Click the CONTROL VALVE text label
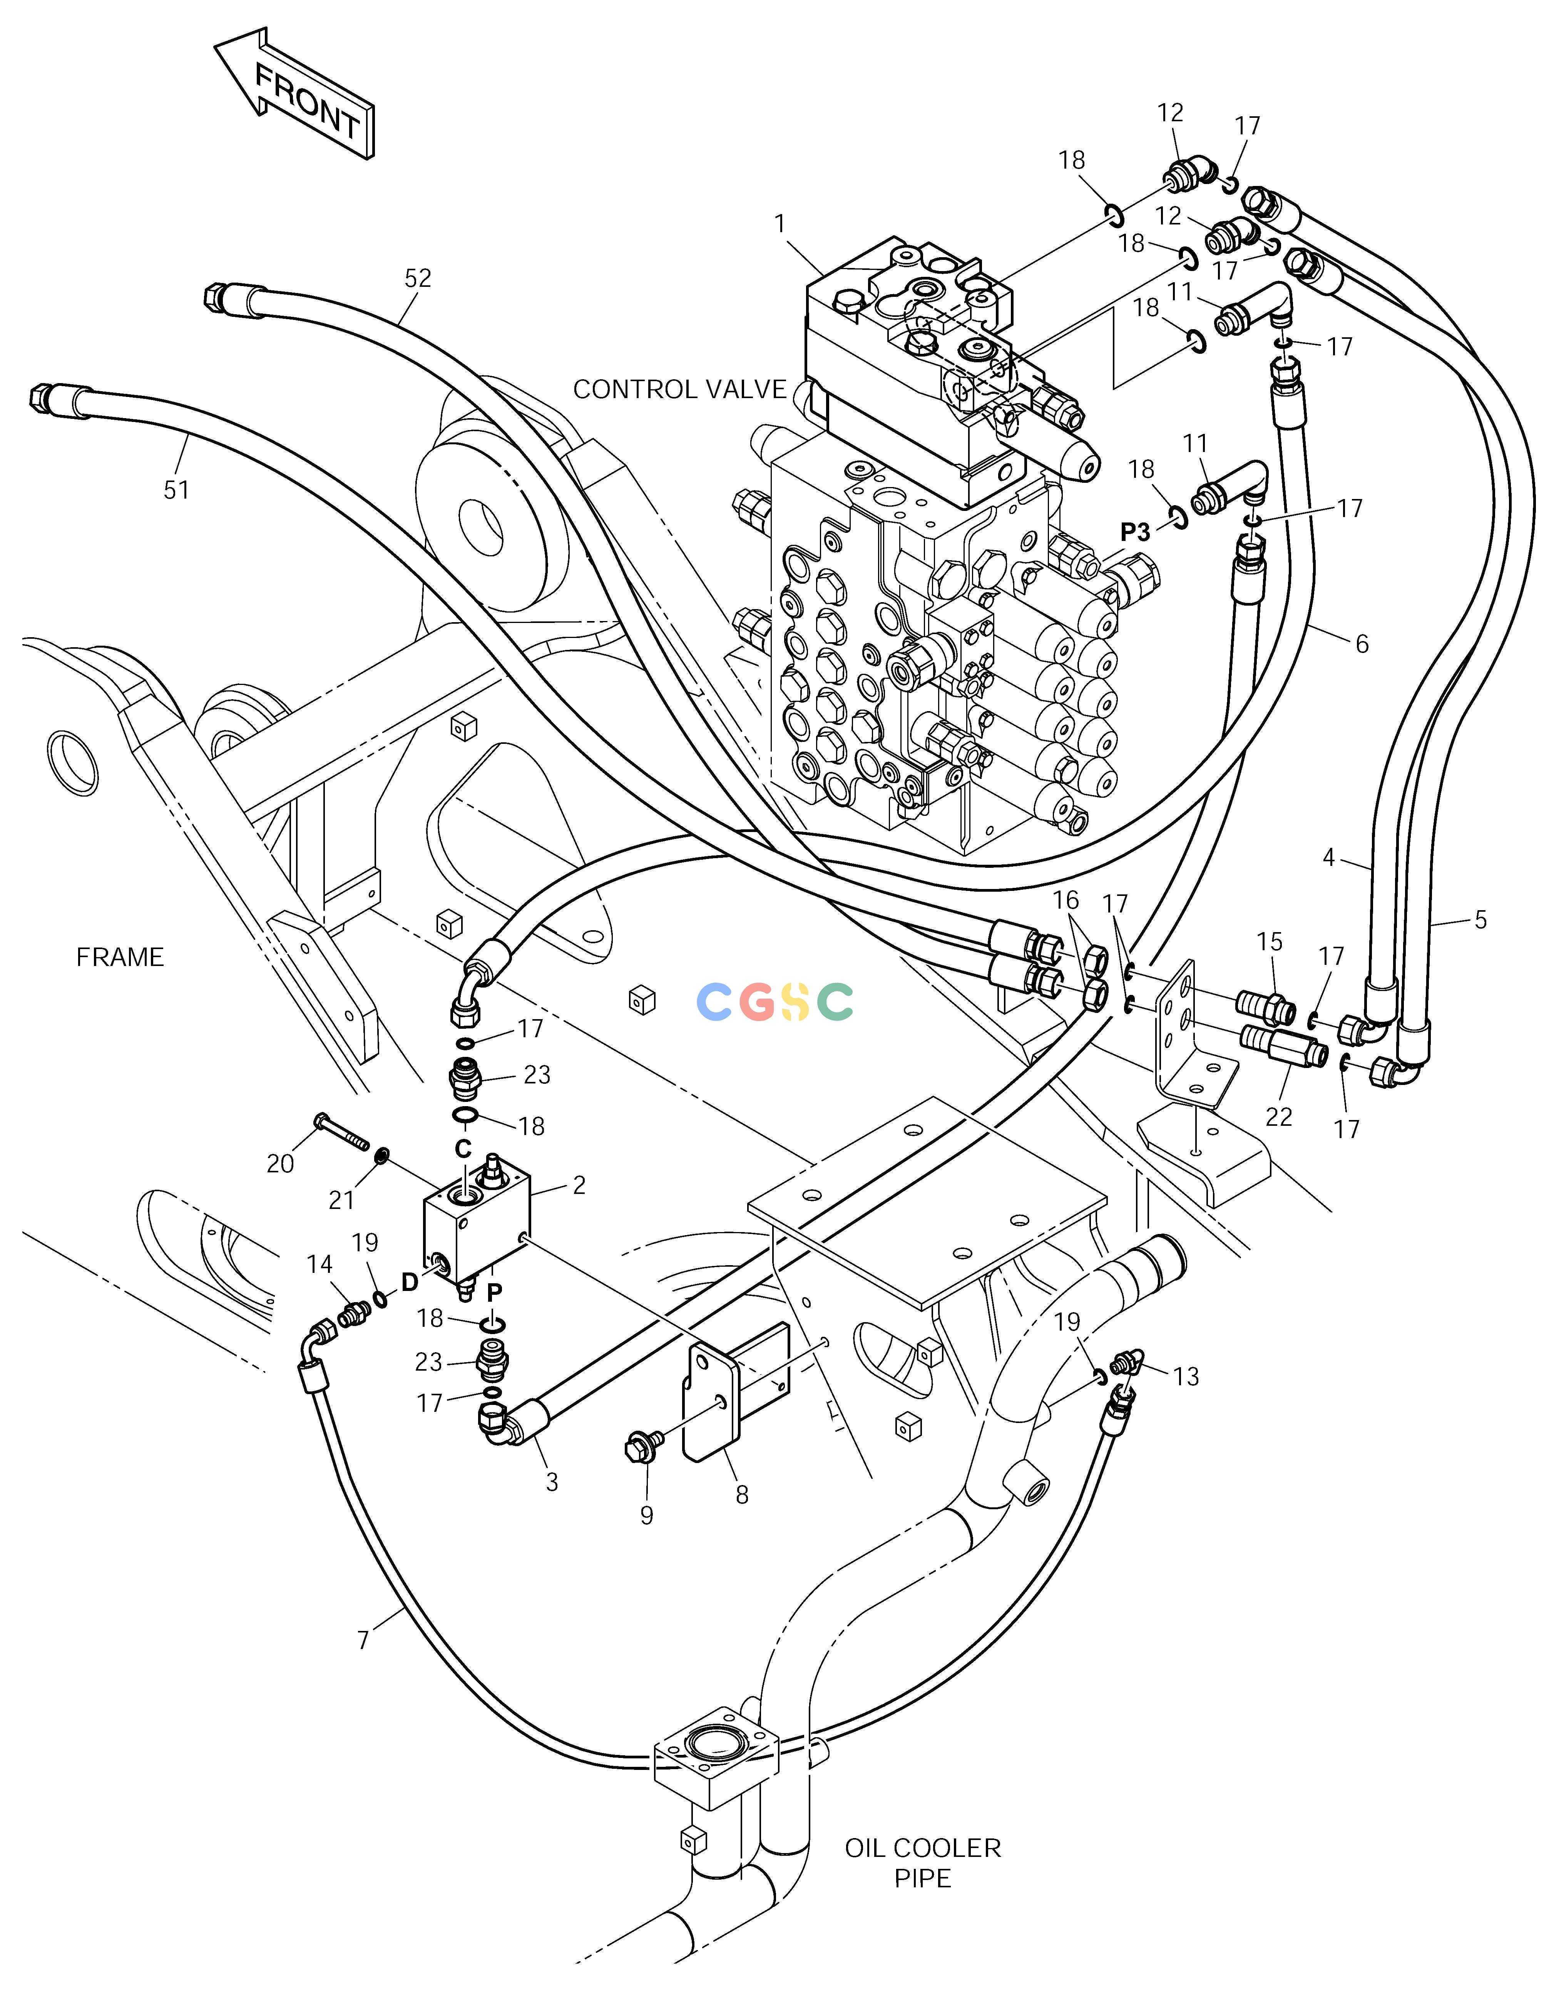click(x=680, y=390)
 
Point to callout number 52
click(x=418, y=278)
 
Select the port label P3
click(x=1135, y=532)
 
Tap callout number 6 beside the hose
click(x=1362, y=644)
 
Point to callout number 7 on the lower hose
click(x=363, y=1640)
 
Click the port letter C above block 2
click(x=463, y=1149)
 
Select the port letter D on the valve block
click(x=409, y=1283)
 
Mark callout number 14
click(x=320, y=1264)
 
